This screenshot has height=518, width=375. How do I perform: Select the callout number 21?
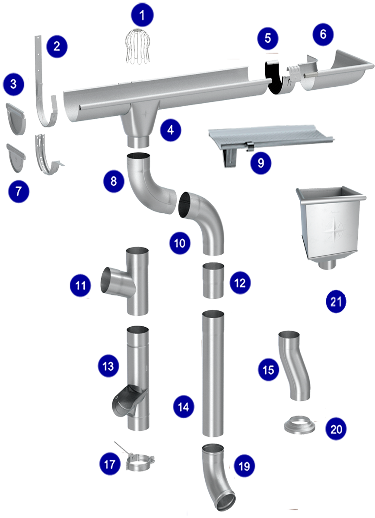pyautogui.click(x=336, y=302)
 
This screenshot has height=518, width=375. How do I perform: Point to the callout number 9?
pyautogui.click(x=261, y=163)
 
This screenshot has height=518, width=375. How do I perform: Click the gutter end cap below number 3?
pyautogui.click(x=16, y=119)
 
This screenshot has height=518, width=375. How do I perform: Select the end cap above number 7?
pyautogui.click(x=16, y=158)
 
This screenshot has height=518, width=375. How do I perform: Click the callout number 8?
pyautogui.click(x=114, y=181)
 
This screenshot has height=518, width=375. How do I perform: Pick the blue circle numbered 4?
pyautogui.click(x=170, y=130)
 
